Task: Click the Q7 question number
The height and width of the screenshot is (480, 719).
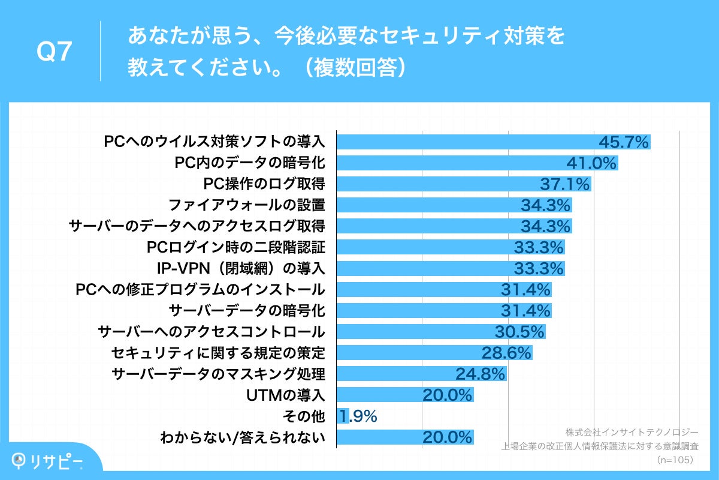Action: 55,53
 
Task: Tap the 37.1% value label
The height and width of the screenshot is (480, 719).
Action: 566,184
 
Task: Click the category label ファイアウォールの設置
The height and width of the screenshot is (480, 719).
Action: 246,205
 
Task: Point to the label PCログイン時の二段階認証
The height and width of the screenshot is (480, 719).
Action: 235,247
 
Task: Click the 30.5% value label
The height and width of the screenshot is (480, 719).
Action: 519,332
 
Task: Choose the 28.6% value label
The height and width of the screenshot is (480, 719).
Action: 507,353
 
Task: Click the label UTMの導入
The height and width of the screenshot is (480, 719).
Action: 285,395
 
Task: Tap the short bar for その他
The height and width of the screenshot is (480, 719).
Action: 343,416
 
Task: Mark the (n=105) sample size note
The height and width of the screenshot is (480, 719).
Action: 675,460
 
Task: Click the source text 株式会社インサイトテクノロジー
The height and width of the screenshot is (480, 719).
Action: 632,432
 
